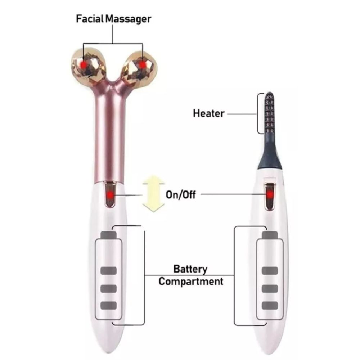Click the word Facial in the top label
pyautogui.click(x=90, y=19)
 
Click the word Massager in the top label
pyautogui.click(x=129, y=19)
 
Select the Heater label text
pyautogui.click(x=209, y=114)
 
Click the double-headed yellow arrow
pyautogui.click(x=153, y=193)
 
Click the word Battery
pyautogui.click(x=190, y=269)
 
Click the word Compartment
pyautogui.click(x=191, y=281)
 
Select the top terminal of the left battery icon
pyautogui.click(x=109, y=235)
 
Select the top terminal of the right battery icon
pyautogui.click(x=270, y=235)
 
